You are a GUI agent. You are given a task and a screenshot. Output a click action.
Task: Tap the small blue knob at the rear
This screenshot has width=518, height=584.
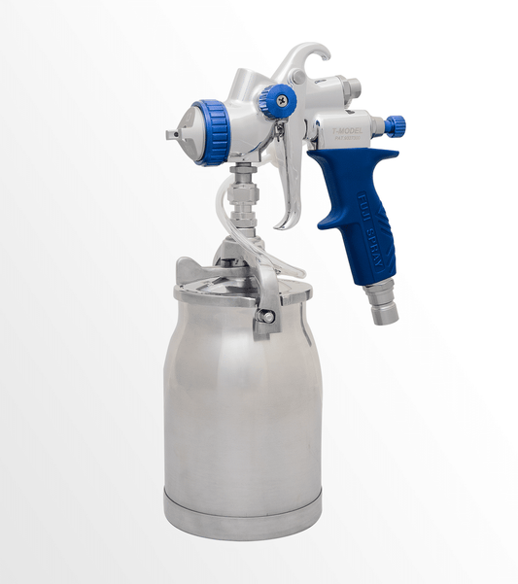tap(394, 125)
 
